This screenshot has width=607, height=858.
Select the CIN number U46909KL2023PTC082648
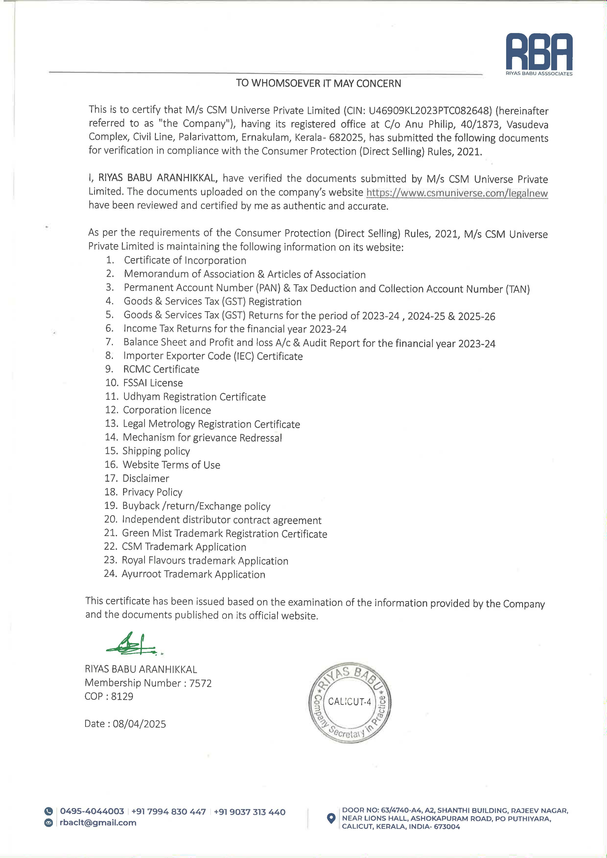point(430,111)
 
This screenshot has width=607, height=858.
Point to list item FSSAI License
point(153,383)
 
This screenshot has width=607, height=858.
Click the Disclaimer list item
point(146,478)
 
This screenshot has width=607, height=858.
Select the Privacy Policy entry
point(152,492)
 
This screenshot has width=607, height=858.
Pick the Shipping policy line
point(156,451)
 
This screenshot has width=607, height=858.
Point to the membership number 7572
point(200,683)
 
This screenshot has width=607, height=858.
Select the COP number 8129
point(122,696)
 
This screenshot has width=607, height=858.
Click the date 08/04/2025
point(139,724)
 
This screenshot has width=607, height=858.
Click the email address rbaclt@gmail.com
point(98,823)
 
